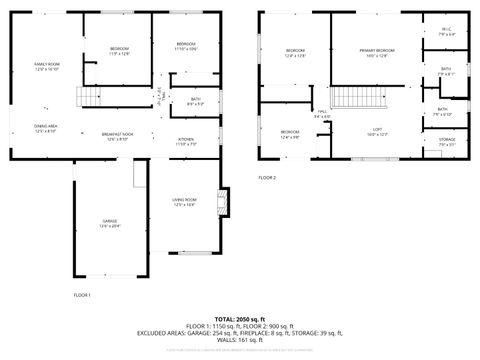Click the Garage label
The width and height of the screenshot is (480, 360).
[109, 222]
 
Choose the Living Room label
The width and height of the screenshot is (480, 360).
[185, 202]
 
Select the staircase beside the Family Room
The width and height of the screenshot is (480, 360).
[91, 97]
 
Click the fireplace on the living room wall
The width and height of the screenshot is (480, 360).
[224, 200]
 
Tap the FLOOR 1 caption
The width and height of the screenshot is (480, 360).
[82, 295]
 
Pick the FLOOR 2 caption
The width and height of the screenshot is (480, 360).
[267, 177]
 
